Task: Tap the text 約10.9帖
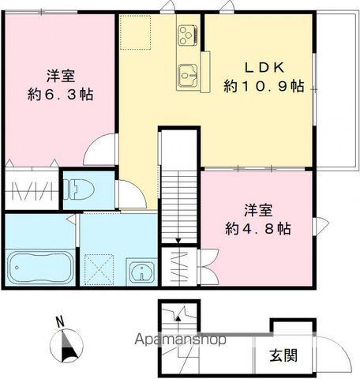pos(263,88)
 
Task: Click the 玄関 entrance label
pos(287,355)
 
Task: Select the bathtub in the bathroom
pos(39,268)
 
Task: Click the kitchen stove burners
pos(187,35)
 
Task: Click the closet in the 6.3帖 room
pos(31,190)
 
